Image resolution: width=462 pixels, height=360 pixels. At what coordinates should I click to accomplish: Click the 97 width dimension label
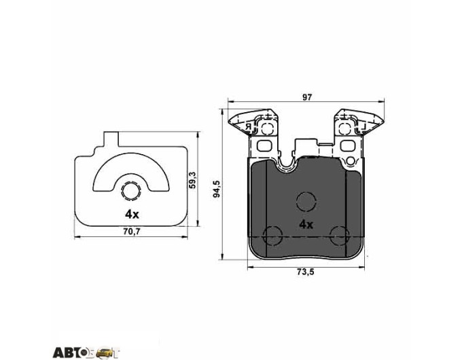(306, 97)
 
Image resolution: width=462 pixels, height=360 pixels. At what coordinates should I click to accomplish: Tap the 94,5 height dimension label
(217, 189)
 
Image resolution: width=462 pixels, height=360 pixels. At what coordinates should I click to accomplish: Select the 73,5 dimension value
(305, 272)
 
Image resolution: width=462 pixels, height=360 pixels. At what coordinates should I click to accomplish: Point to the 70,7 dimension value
(132, 232)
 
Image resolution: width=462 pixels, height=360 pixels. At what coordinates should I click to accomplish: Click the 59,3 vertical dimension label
(192, 180)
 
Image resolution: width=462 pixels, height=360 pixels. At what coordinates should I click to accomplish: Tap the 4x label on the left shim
(132, 215)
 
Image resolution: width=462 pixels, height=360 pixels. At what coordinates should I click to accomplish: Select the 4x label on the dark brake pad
(306, 225)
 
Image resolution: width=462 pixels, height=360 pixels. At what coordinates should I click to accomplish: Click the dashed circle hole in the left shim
(130, 191)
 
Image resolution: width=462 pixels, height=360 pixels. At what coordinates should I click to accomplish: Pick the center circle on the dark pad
(306, 202)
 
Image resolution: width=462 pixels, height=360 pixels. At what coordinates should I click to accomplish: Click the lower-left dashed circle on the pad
(272, 236)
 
